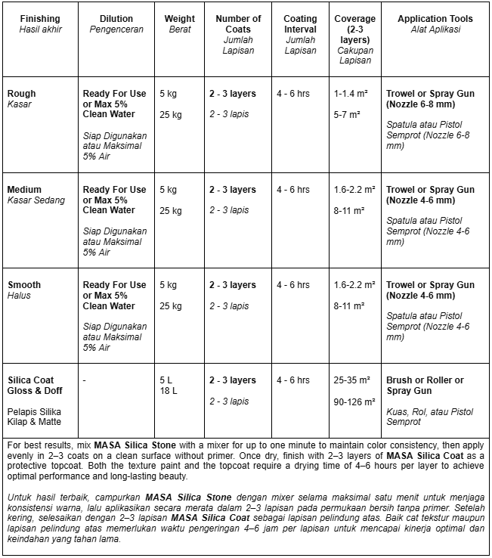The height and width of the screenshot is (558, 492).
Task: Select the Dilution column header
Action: point(116,18)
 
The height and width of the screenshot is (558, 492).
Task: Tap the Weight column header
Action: point(179,18)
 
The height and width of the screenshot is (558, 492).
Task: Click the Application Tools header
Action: point(435,18)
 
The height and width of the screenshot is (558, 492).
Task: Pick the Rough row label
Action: point(21,94)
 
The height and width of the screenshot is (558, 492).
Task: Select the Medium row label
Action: point(24,190)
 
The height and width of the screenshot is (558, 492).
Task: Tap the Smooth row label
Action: point(24,285)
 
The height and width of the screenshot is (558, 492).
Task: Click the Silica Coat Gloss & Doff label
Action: point(35,386)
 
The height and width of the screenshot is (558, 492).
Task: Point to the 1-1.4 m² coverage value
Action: point(350,94)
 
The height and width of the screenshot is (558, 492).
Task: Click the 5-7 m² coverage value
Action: point(346,115)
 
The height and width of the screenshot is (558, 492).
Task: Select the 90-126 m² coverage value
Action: point(354,401)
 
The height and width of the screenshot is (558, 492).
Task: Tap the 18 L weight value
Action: point(169,391)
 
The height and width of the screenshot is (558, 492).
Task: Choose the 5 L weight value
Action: point(166,380)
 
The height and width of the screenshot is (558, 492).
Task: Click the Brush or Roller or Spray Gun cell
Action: point(425,386)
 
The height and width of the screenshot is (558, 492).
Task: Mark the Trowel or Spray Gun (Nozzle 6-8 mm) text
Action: point(430,99)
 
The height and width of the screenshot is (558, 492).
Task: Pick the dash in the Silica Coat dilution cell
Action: point(85,380)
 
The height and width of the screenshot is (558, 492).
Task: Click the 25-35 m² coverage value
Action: point(351,380)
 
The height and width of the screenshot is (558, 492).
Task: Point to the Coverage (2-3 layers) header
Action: point(355,29)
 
